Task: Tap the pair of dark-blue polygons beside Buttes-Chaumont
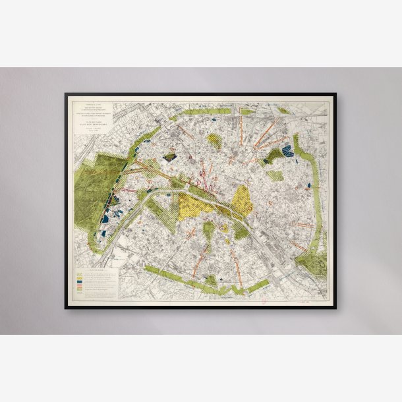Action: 287,151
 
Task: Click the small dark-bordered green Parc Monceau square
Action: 171,158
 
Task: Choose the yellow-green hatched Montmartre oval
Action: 214,139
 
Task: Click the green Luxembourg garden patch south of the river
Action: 209,230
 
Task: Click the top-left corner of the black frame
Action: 66,94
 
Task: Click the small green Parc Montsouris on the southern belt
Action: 211,279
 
